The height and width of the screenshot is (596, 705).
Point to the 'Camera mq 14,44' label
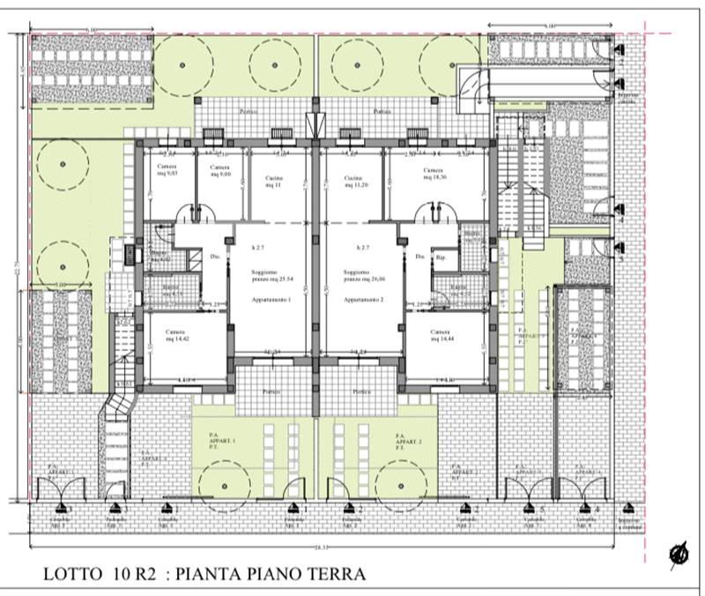[441, 335]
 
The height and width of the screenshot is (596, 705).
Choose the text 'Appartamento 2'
[361, 301]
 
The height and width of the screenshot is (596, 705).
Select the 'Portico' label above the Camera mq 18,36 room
[381, 112]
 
